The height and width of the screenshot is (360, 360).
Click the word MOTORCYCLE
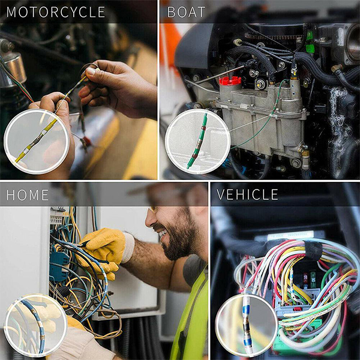56,12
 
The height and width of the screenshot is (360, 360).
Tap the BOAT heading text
186,12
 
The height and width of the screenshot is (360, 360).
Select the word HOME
28,195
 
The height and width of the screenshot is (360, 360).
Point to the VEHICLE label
247,194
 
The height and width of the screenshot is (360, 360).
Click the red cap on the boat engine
230,80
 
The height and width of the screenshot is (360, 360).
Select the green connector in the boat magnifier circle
198,141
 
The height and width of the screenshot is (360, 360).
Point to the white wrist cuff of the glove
128,247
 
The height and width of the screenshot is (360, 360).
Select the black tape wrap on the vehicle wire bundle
311,250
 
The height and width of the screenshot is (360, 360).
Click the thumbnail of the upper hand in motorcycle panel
91,71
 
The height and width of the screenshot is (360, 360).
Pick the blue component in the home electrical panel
58,266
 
